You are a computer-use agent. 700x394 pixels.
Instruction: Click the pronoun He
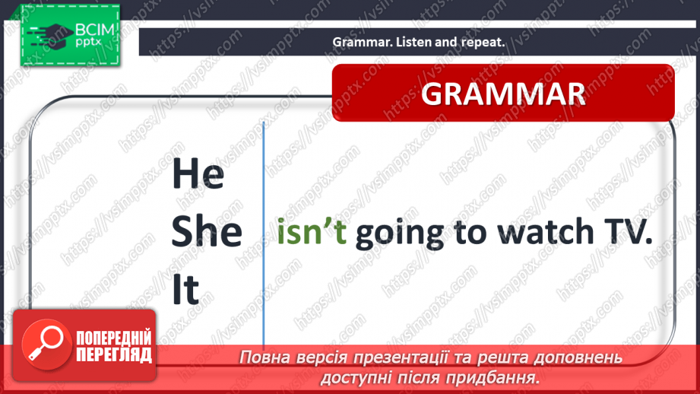[198, 173]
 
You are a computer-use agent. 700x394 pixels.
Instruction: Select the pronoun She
[207, 231]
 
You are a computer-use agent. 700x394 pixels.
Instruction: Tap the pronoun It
[185, 289]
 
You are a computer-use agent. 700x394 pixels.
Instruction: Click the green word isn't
[312, 232]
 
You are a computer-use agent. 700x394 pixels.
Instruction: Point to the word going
[400, 234]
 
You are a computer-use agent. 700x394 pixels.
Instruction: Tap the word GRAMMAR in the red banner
[503, 94]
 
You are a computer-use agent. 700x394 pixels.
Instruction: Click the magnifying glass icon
[46, 344]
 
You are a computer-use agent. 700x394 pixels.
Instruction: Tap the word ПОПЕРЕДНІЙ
[114, 338]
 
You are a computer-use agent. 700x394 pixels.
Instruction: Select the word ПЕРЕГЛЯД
[114, 355]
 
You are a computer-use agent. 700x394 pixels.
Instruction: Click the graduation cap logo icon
[50, 34]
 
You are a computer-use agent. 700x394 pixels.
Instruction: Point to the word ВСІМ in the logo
[95, 30]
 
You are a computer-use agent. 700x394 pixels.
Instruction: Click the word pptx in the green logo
[88, 43]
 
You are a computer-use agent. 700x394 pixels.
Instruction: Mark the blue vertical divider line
[264, 234]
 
